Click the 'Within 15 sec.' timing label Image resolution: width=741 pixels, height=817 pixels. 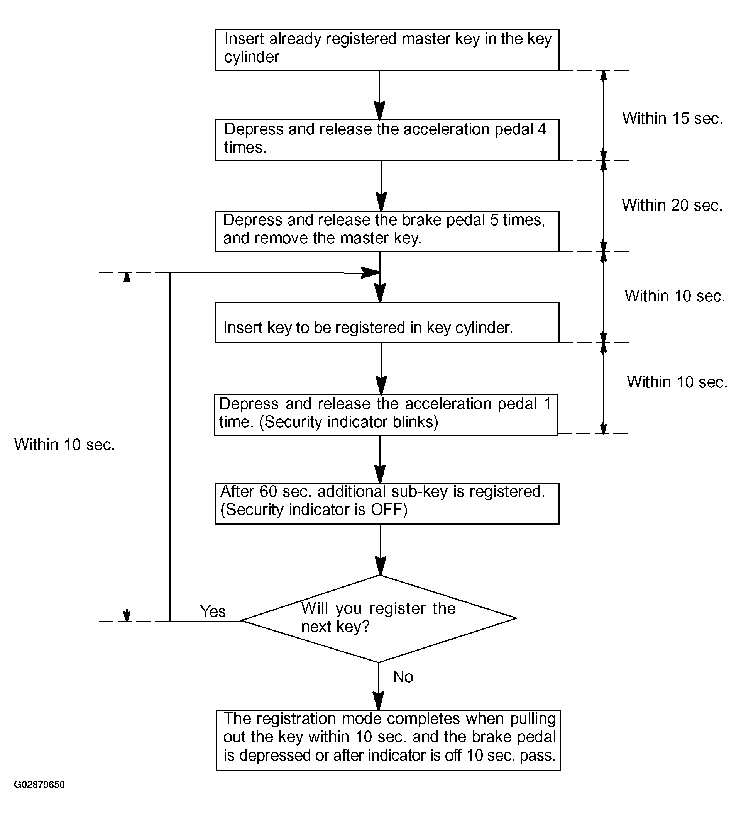672,118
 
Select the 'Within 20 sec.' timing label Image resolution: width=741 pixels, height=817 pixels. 672,205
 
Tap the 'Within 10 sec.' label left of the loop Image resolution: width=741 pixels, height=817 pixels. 64,445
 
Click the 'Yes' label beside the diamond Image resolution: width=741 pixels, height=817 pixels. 213,611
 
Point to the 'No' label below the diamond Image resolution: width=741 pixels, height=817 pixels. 403,677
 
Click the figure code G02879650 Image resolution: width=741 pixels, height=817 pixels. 39,785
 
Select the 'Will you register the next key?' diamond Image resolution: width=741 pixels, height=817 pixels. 379,618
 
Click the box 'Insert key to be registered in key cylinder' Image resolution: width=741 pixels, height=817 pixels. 387,323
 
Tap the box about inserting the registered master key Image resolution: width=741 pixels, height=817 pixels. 387,50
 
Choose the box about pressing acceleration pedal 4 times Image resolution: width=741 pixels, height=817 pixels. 387,140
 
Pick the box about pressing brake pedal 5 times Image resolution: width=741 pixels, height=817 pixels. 387,231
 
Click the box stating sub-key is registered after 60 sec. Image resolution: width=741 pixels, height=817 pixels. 387,503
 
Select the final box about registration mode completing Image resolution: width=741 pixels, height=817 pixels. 388,740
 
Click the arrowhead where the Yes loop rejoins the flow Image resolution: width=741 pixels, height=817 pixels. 370,273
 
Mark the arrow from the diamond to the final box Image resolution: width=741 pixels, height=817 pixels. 379,686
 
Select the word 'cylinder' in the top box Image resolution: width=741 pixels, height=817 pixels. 252,57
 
